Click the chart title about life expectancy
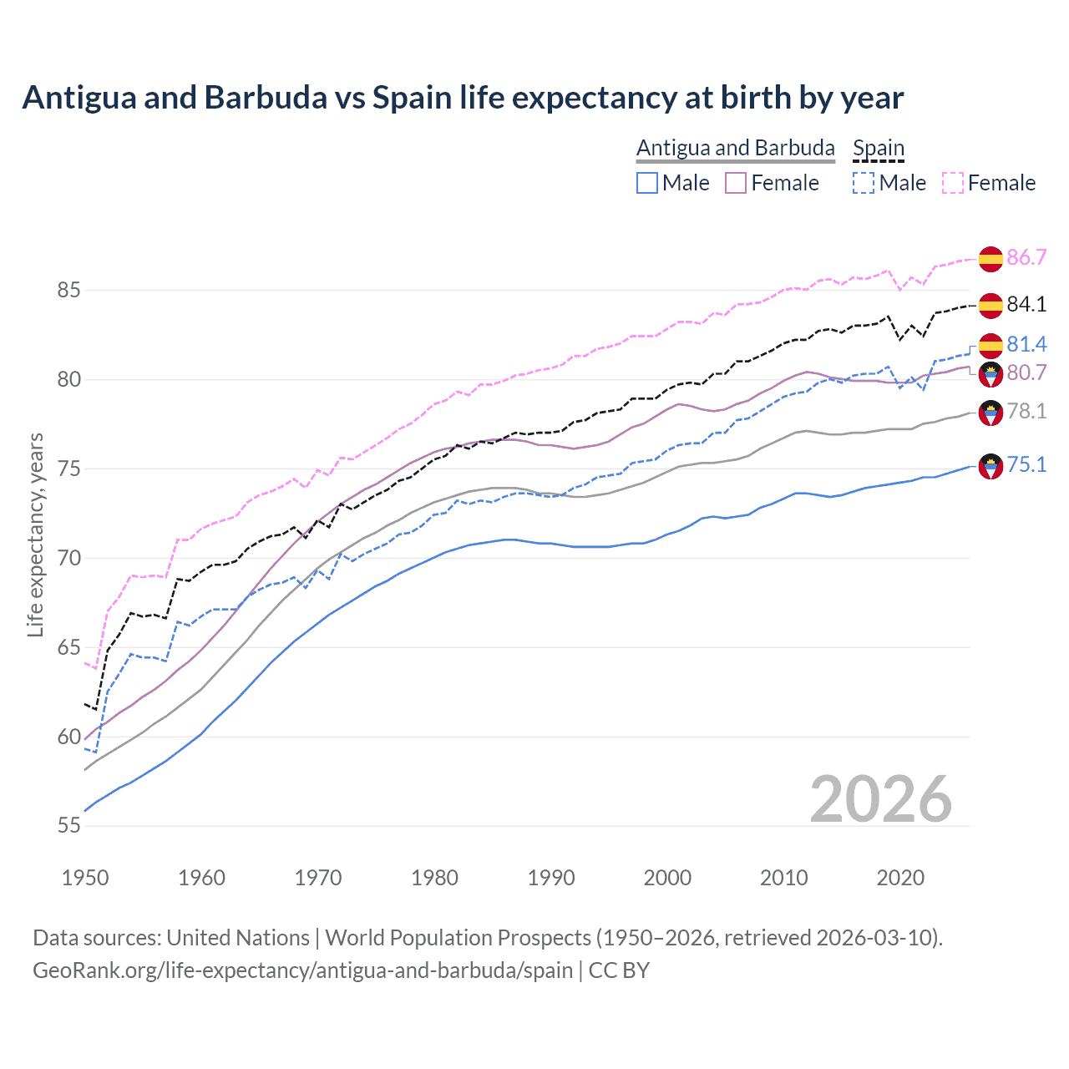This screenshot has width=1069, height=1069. click(x=463, y=98)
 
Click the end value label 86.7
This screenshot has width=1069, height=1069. click(x=1026, y=257)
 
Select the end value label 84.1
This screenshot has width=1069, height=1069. click(x=1026, y=305)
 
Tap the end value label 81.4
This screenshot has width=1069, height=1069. click(x=1026, y=344)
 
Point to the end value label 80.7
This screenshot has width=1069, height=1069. click(x=1026, y=372)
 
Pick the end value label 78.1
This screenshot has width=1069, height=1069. click(x=1026, y=411)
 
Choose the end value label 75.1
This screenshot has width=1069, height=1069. click(x=1026, y=465)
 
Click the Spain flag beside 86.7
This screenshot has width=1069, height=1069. click(x=990, y=259)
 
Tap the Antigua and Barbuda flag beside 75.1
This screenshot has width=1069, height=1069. click(x=990, y=466)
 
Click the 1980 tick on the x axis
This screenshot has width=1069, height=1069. click(x=434, y=878)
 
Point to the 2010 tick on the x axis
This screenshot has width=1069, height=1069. click(x=783, y=878)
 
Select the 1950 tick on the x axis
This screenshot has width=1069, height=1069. click(x=85, y=878)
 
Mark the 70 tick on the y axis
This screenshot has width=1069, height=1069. click(x=69, y=558)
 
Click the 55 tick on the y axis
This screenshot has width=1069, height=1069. click(x=69, y=826)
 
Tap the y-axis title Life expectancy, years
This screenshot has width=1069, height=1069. click(x=35, y=535)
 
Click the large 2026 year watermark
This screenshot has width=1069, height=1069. click(x=881, y=799)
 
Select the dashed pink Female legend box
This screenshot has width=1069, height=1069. click(x=953, y=183)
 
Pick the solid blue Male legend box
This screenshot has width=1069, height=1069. click(x=647, y=183)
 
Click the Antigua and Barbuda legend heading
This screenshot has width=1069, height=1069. click(x=735, y=148)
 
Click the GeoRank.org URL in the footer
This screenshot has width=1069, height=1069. click(x=302, y=970)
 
